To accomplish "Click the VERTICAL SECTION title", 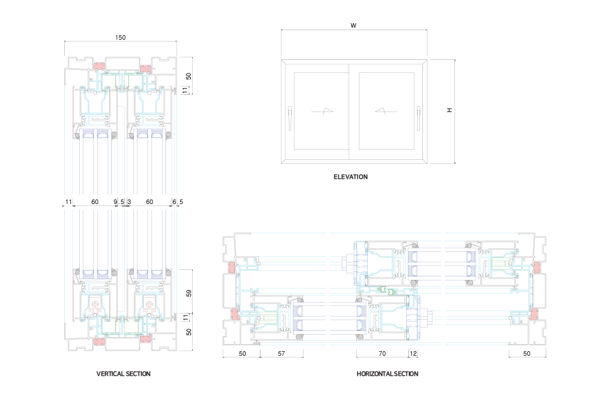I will click(123, 374).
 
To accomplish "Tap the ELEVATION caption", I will click(351, 177).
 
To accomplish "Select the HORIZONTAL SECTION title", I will click(387, 374).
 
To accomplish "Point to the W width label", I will click(354, 25).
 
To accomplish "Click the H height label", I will click(449, 110).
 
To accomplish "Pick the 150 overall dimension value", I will click(120, 37).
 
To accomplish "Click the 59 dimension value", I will click(189, 292).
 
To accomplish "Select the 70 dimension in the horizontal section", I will click(382, 354).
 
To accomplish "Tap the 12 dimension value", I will click(413, 354).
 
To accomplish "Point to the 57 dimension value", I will click(281, 354).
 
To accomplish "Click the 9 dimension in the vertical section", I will click(115, 202).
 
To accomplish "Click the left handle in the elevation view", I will click(290, 118).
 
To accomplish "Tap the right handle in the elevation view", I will click(418, 118).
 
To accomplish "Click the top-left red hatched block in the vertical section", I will click(98, 66).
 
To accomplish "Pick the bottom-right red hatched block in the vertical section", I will click(146, 340).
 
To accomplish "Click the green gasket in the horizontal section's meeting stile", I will click(385, 290).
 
